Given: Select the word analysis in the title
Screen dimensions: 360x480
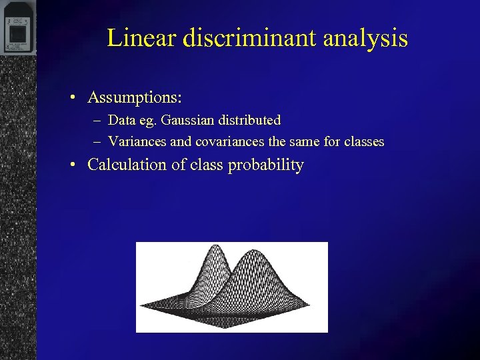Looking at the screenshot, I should tap(365, 37).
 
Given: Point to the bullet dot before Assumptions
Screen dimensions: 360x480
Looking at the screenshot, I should tap(76, 98).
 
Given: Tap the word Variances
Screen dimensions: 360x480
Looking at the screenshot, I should tap(137, 141).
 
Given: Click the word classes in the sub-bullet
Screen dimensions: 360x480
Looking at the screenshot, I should tap(363, 141).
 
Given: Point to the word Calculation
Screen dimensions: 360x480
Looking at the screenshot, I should tap(127, 165).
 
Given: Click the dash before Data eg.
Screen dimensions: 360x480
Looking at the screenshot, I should tap(98, 121).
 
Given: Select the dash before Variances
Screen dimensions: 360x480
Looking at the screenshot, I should tap(98, 142).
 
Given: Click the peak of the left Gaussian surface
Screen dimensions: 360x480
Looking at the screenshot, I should tap(215, 247).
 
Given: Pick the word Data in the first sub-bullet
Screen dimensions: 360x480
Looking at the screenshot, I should tap(121, 121).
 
